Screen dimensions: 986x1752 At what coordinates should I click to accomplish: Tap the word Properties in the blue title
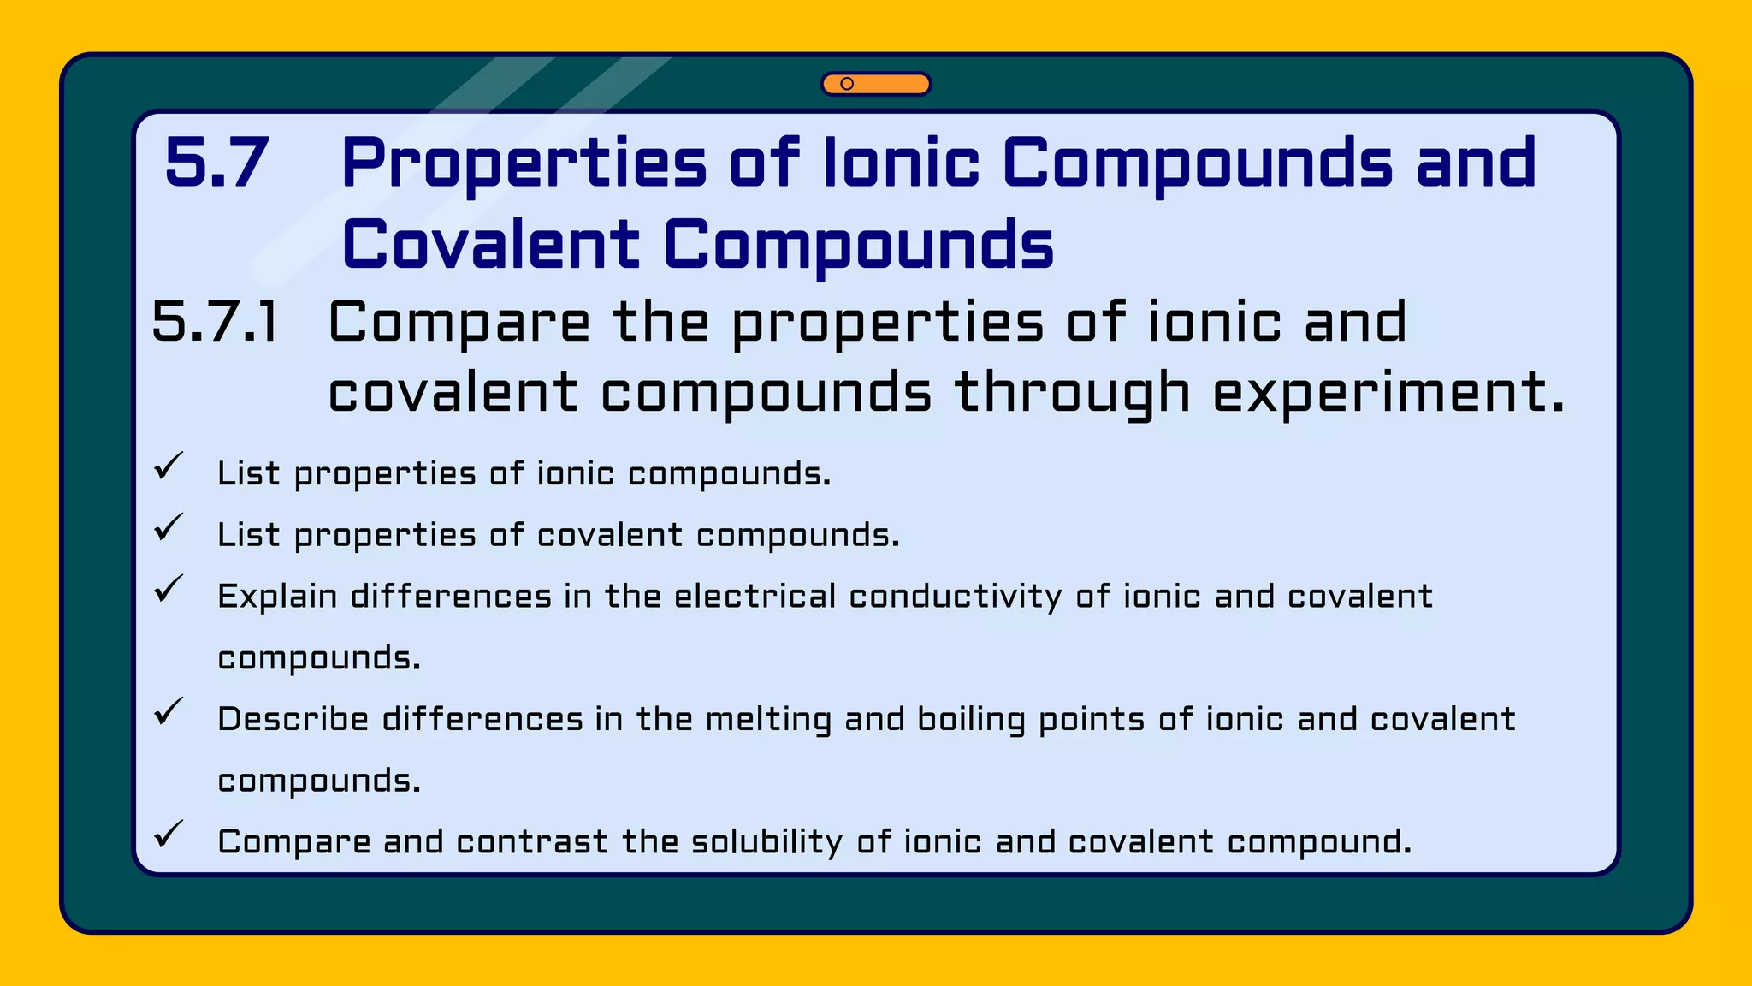point(524,164)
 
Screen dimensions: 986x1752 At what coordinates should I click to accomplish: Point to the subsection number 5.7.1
point(215,323)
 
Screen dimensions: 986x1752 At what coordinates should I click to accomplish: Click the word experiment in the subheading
point(1388,394)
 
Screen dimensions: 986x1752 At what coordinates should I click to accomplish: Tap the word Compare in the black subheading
point(459,323)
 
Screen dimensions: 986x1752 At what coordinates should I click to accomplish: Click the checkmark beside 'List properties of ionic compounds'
point(169,466)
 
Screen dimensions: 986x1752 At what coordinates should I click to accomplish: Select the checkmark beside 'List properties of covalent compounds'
point(169,527)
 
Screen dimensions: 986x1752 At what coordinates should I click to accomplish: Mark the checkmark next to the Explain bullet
point(169,589)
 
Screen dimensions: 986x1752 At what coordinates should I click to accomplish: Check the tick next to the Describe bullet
point(169,711)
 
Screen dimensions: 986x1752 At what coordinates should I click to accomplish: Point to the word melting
point(768,720)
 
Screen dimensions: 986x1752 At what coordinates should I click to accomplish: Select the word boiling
point(971,720)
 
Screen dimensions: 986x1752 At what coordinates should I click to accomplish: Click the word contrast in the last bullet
point(532,842)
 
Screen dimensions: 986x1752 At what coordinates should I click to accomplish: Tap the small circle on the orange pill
point(847,84)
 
